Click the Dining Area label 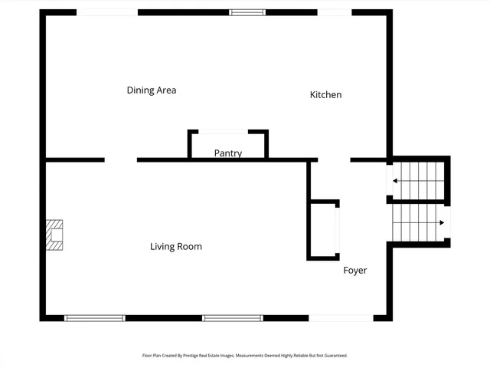click(152, 90)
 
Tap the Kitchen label click(325, 95)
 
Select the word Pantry click(227, 153)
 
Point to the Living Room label click(176, 247)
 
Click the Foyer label click(354, 271)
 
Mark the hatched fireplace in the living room click(54, 235)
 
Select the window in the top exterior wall click(248, 12)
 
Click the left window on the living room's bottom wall click(94, 317)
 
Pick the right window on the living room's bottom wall click(232, 317)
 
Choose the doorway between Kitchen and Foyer click(334, 160)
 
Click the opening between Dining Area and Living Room click(121, 160)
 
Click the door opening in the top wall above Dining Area click(107, 12)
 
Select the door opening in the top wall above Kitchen click(335, 12)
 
